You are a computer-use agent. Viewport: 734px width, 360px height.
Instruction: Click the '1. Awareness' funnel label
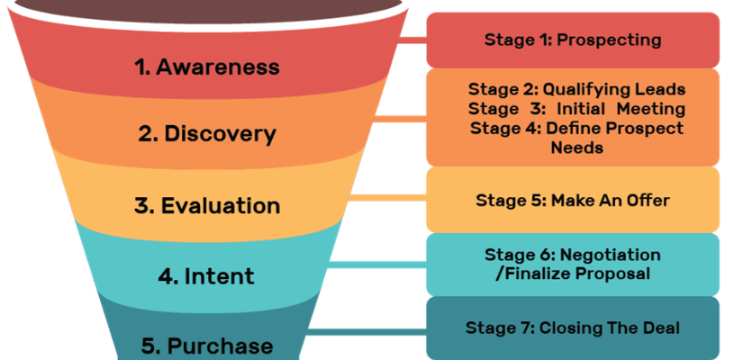point(208,67)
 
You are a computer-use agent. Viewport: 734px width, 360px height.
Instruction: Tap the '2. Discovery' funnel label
point(207,134)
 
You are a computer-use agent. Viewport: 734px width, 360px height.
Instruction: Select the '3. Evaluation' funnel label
point(207,205)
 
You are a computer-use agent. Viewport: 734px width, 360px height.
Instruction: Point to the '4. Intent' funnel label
point(207,276)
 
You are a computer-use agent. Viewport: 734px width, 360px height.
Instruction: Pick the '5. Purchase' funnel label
point(207,346)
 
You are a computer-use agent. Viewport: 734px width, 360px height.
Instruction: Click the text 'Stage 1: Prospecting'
point(573,40)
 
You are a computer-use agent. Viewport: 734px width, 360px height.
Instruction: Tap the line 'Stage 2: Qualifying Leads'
point(576,90)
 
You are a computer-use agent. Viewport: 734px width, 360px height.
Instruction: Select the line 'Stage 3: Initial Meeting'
point(576,109)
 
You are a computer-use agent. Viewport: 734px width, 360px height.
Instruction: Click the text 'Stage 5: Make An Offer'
point(573,200)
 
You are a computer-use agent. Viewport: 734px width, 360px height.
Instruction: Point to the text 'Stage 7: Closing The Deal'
point(573,328)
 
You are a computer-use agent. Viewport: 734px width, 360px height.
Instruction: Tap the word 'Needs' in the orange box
point(577,147)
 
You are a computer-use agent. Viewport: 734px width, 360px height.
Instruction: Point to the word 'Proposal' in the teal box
point(619,274)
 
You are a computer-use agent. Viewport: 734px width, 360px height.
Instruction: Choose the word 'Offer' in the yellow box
point(648,200)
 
